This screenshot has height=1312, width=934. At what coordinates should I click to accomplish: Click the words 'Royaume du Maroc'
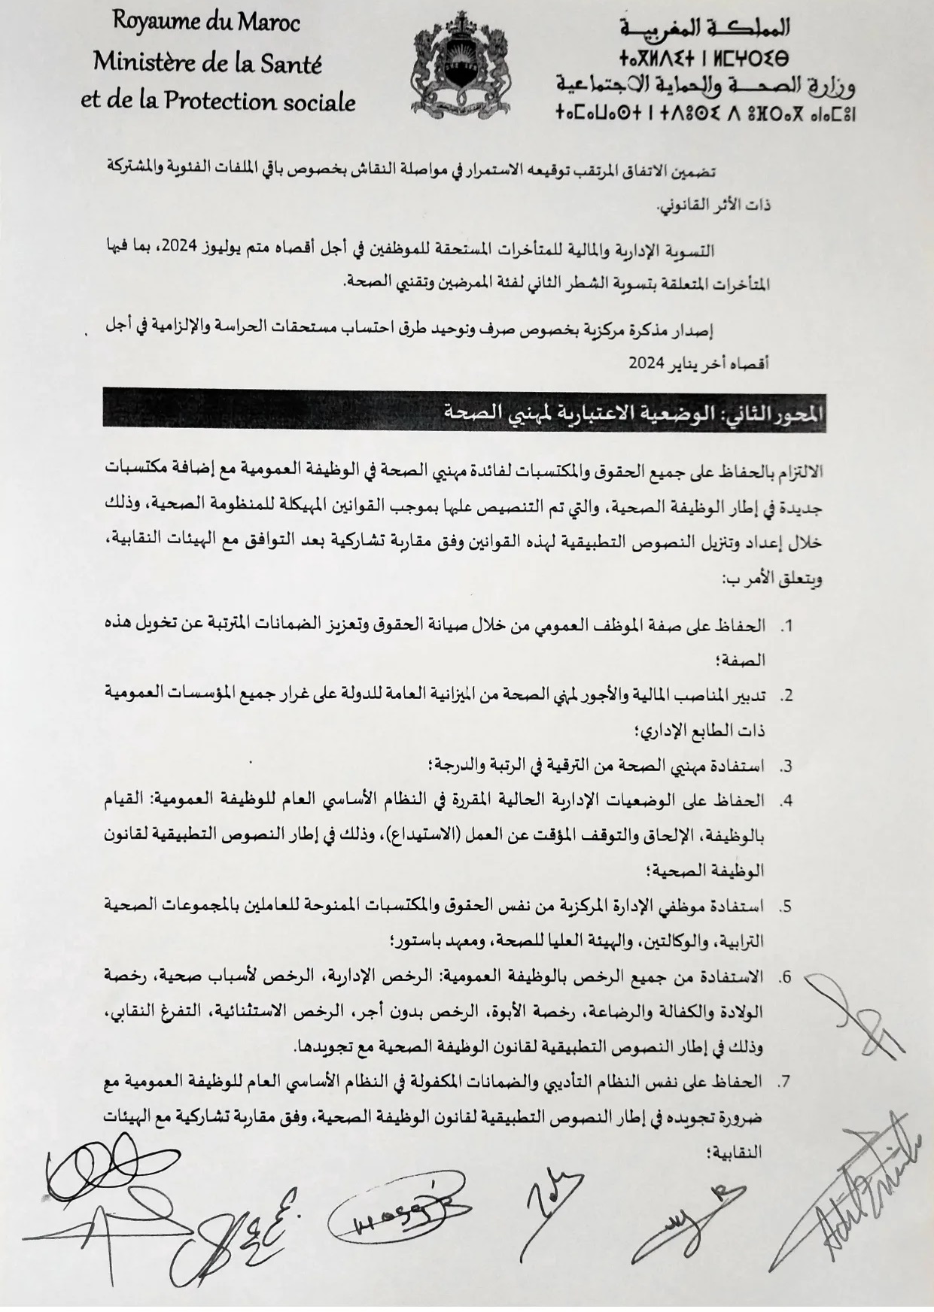[x=205, y=23]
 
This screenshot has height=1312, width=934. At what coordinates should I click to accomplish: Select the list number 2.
[x=786, y=696]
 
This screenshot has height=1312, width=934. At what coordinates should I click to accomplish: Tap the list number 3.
[x=786, y=767]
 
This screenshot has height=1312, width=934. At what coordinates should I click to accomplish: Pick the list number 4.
[x=786, y=801]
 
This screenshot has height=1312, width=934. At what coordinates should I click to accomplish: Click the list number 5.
[x=786, y=906]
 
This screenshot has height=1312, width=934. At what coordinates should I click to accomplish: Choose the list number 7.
[x=786, y=1082]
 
